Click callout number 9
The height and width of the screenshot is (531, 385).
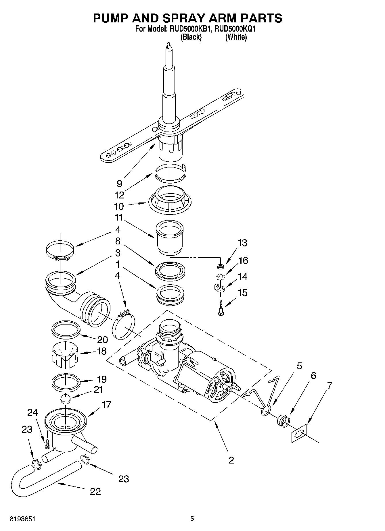pyautogui.click(x=119, y=184)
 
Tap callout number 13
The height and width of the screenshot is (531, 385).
pyautogui.click(x=242, y=243)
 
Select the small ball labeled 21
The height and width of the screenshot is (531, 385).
pyautogui.click(x=66, y=399)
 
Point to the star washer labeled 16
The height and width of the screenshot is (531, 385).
pyautogui.click(x=220, y=277)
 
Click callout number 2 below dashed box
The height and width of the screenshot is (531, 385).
pyautogui.click(x=231, y=460)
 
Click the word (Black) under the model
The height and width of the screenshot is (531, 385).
pyautogui.click(x=191, y=37)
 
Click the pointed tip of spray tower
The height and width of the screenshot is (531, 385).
pyautogui.click(x=168, y=46)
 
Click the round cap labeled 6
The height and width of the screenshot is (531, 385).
pyautogui.click(x=283, y=421)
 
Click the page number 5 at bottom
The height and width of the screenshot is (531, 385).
pyautogui.click(x=192, y=519)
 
